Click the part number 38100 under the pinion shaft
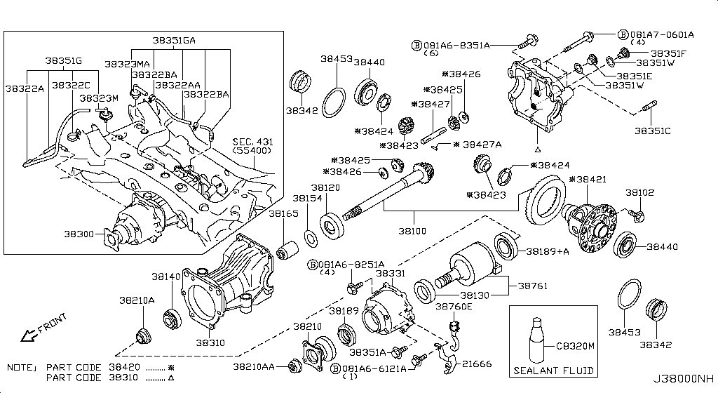[x=413, y=229]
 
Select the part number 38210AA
[x=259, y=366]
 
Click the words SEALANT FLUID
[x=553, y=370]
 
